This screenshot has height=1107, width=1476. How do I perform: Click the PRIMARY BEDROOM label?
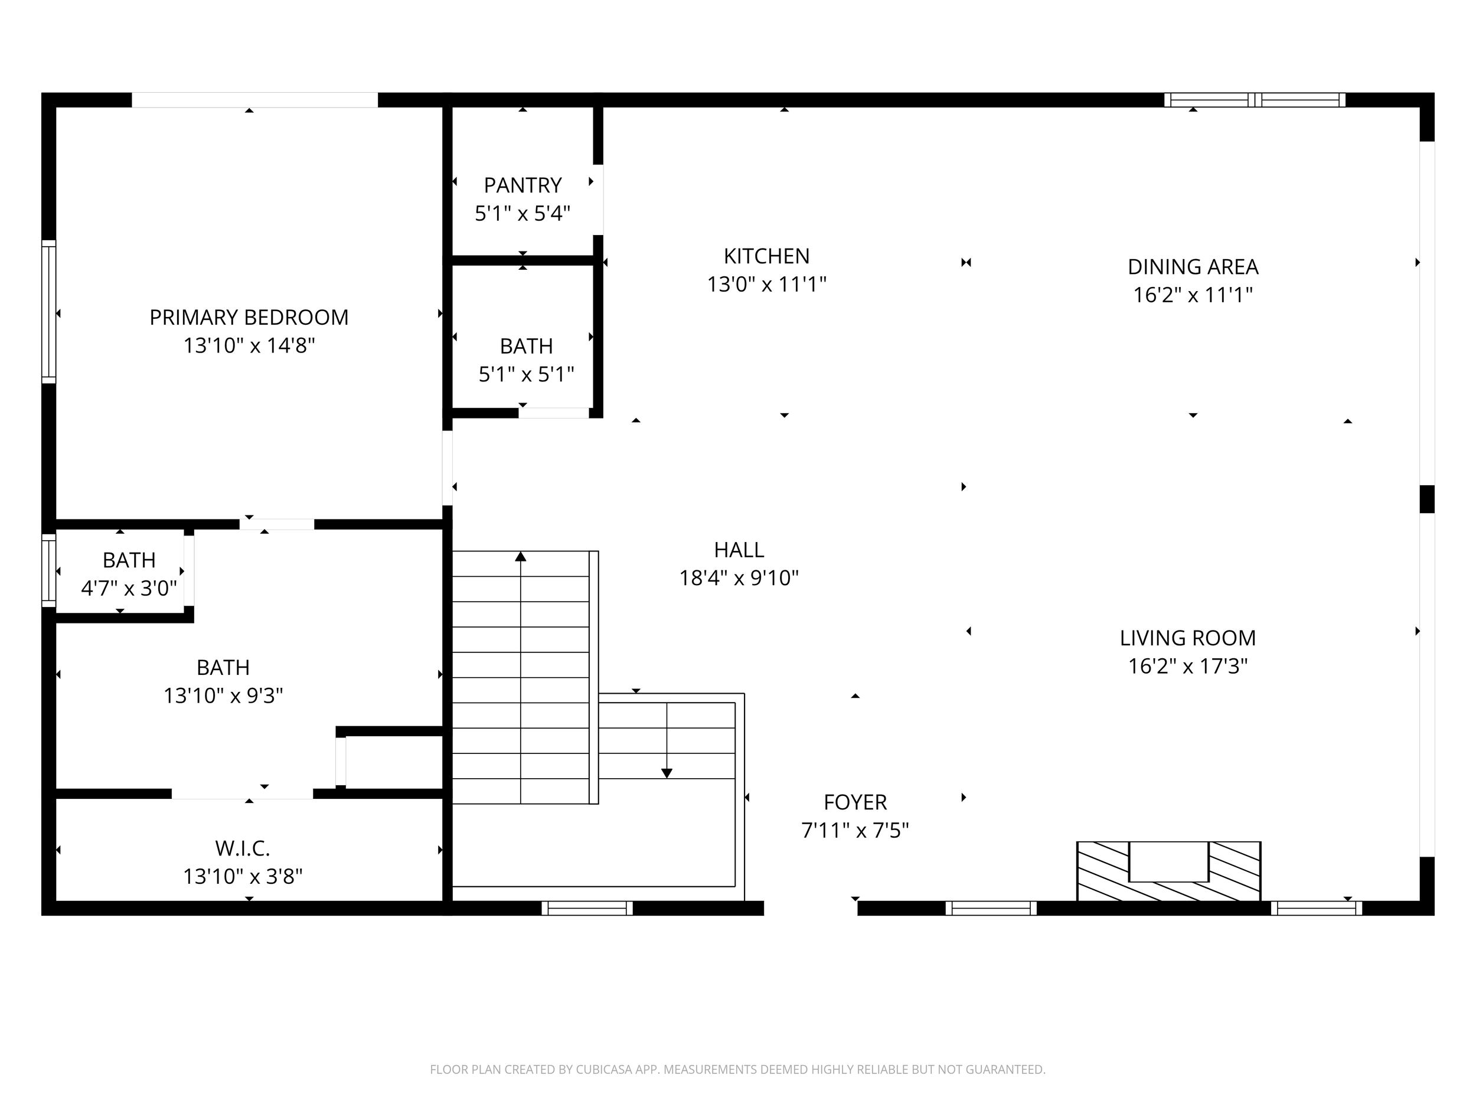pyautogui.click(x=249, y=318)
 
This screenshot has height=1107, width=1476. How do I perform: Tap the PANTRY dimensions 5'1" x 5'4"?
pyautogui.click(x=523, y=214)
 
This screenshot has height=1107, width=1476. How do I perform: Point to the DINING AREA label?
pyautogui.click(x=1193, y=267)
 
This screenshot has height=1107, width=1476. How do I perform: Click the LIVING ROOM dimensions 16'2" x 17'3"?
pyautogui.click(x=1187, y=666)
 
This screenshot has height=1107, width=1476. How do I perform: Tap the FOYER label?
pyautogui.click(x=855, y=802)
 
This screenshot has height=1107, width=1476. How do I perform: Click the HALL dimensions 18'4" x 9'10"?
pyautogui.click(x=739, y=578)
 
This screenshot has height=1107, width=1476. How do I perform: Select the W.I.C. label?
pyautogui.click(x=242, y=849)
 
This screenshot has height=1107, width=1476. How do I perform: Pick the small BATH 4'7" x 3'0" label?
pyautogui.click(x=129, y=560)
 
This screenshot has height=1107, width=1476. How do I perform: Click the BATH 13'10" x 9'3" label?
pyautogui.click(x=223, y=668)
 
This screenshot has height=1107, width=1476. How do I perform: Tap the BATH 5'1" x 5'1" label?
pyautogui.click(x=526, y=347)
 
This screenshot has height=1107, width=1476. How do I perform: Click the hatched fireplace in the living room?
pyautogui.click(x=1168, y=871)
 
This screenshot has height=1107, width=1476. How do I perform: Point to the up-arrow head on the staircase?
pyautogui.click(x=521, y=557)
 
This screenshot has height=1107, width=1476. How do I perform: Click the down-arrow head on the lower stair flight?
pyautogui.click(x=667, y=773)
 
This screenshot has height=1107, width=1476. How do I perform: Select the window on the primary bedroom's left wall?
pyautogui.click(x=49, y=312)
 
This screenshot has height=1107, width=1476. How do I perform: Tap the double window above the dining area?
pyautogui.click(x=1255, y=100)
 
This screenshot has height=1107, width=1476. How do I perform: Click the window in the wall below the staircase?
pyautogui.click(x=586, y=908)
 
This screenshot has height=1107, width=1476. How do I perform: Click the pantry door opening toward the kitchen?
pyautogui.click(x=599, y=200)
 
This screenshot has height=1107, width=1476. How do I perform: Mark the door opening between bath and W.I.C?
pyautogui.click(x=242, y=794)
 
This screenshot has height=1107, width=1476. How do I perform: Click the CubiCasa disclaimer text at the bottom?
pyautogui.click(x=737, y=1070)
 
